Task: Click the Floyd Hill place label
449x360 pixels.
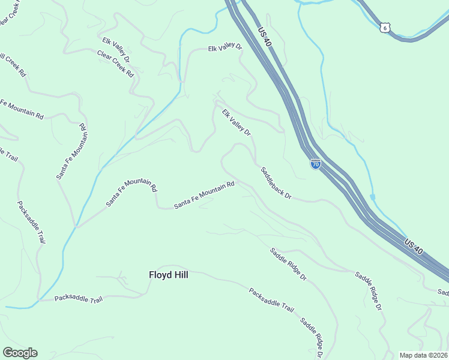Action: (168, 275)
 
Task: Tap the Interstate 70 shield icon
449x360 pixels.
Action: (315, 164)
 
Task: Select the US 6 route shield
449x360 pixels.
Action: (385, 28)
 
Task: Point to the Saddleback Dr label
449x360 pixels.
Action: (276, 183)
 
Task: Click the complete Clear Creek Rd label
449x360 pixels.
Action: (115, 63)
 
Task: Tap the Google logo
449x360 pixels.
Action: (20, 353)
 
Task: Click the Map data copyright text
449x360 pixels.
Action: (423, 355)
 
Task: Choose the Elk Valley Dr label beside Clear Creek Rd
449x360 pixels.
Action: (116, 50)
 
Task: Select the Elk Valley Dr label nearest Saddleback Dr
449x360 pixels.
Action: (236, 122)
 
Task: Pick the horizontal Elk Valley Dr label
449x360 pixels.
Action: (224, 48)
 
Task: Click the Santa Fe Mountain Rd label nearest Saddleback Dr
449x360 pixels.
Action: (203, 196)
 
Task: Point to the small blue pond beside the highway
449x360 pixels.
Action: (373, 197)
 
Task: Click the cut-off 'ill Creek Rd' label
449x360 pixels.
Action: (13, 65)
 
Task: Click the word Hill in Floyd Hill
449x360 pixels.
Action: (179, 275)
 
